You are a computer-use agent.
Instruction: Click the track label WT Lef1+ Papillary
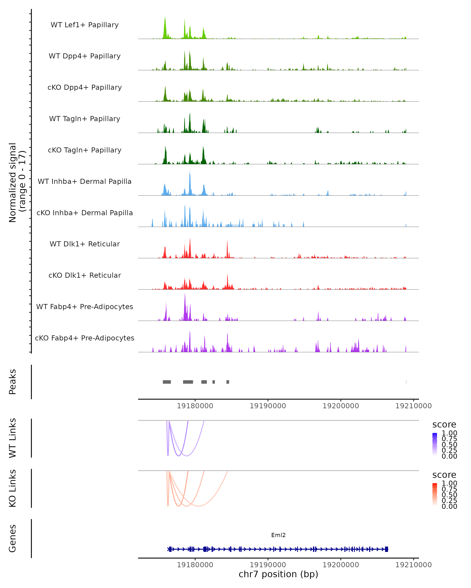click(85, 25)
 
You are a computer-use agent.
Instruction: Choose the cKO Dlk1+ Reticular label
click(85, 275)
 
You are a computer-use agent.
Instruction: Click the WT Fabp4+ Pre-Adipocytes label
click(85, 307)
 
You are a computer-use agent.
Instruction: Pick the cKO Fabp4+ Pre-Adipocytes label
click(85, 338)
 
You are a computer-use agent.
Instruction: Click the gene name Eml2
click(278, 535)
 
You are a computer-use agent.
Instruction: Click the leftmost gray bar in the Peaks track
click(167, 382)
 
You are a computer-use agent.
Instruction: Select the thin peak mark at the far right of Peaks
click(406, 382)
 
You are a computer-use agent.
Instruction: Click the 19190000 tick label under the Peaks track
click(268, 406)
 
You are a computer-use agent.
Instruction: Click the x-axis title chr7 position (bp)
click(278, 574)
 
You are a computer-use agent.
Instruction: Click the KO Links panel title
click(13, 488)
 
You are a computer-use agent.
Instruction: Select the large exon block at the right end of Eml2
click(386, 549)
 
